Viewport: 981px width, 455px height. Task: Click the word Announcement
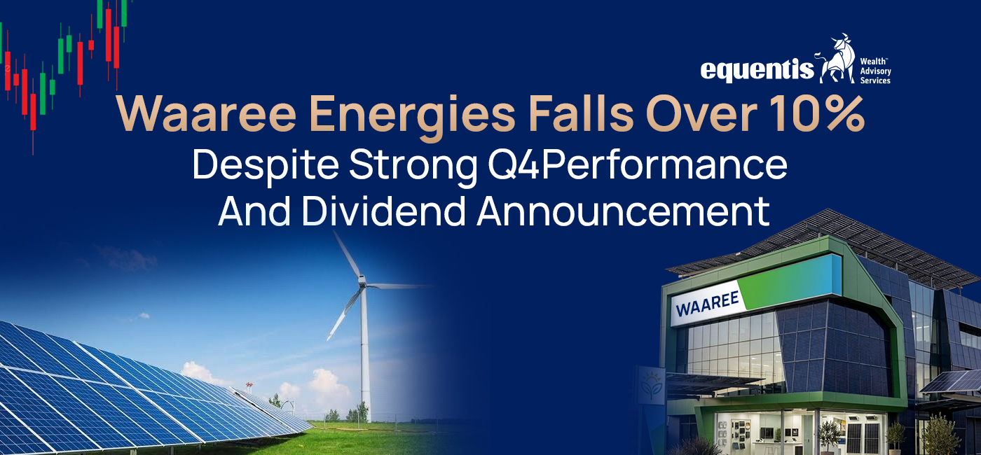[623, 211]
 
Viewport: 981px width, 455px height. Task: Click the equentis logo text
[757, 69]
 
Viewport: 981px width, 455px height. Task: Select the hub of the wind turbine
[362, 283]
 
